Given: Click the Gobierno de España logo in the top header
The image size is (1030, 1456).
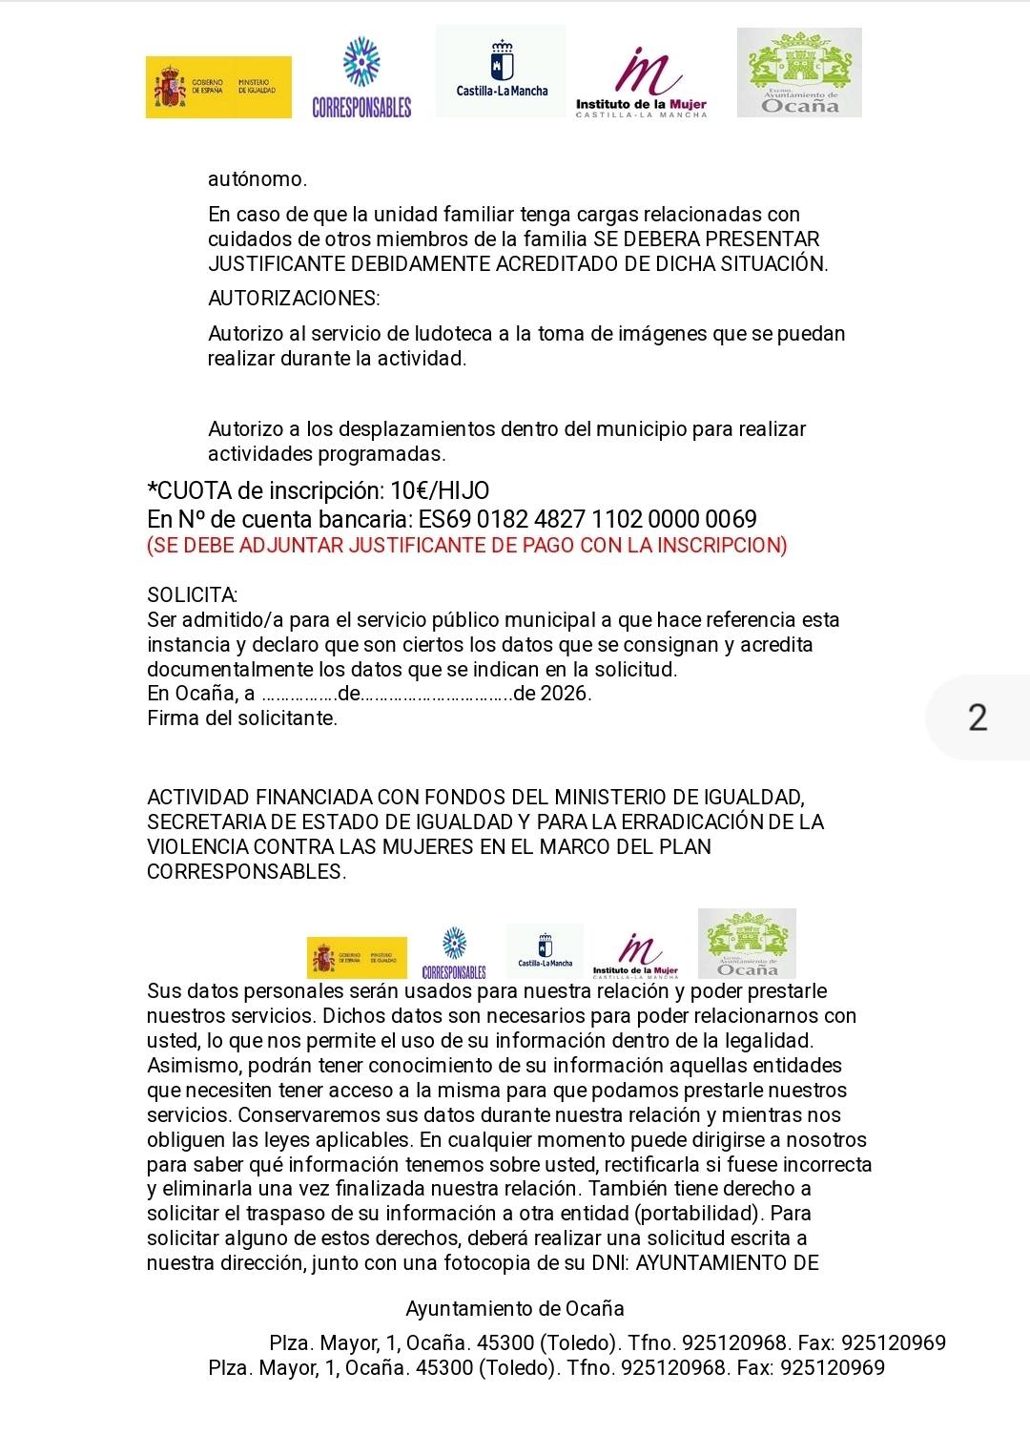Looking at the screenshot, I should tap(218, 88).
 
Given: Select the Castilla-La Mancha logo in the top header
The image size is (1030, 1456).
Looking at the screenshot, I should tap(501, 72).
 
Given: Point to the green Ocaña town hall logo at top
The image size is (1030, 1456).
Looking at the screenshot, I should tap(799, 73).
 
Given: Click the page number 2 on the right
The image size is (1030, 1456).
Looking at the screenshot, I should tap(978, 718).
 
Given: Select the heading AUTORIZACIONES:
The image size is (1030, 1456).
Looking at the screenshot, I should tap(294, 299).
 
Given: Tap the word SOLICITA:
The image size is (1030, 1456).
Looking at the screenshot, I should tap(193, 595).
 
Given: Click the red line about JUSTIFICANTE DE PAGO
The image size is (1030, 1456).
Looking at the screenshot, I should tap(467, 546).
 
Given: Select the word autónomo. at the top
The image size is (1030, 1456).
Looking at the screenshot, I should tap(258, 179).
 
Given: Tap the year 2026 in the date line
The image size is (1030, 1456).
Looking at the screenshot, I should tap(565, 694).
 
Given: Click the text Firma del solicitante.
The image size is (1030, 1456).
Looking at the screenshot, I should tap(242, 718).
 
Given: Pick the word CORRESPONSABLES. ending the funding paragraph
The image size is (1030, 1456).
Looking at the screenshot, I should tap(247, 872).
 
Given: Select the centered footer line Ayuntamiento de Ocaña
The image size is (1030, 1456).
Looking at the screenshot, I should tap(515, 1309).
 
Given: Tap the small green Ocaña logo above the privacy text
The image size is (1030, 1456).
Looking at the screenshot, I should tap(747, 944).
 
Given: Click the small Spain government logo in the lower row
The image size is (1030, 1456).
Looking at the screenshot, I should tap(357, 957).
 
